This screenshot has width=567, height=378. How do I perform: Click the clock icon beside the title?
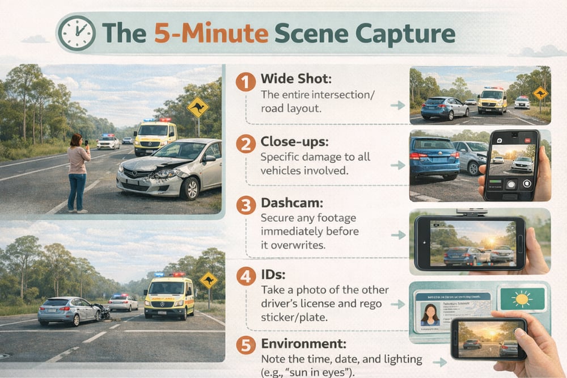(76, 33)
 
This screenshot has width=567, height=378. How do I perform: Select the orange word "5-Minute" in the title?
(211, 33)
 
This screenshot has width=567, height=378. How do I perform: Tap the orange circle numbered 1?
(246, 82)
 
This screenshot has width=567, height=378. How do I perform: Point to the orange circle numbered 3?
(246, 205)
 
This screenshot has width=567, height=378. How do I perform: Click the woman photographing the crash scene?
(78, 171)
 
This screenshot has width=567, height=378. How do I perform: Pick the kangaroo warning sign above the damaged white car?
(198, 107)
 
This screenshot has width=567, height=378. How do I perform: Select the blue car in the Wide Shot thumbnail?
(445, 107)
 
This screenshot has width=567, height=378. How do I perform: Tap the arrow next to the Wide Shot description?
(398, 105)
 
